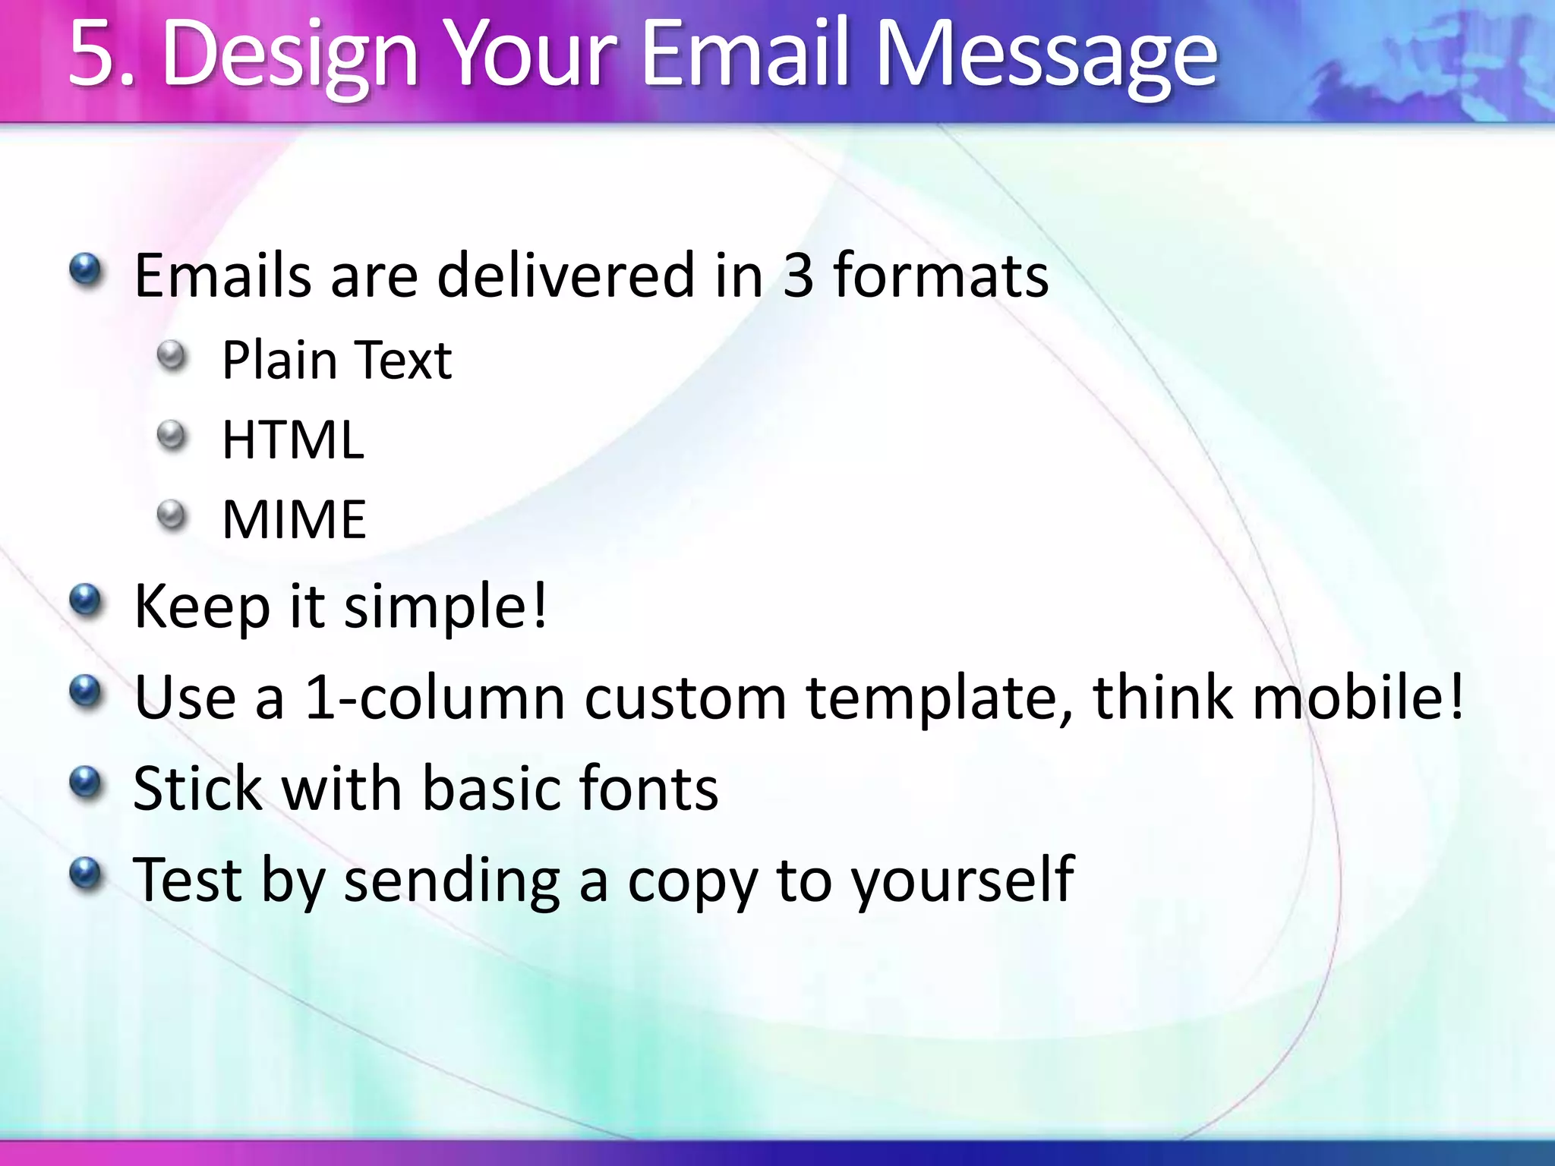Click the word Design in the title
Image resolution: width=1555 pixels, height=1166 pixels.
289,57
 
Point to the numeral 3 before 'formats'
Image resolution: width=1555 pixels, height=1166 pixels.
798,275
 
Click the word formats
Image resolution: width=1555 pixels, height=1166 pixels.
941,275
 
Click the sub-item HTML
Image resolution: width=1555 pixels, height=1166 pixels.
293,440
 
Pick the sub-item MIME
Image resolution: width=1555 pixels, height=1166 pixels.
294,520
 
